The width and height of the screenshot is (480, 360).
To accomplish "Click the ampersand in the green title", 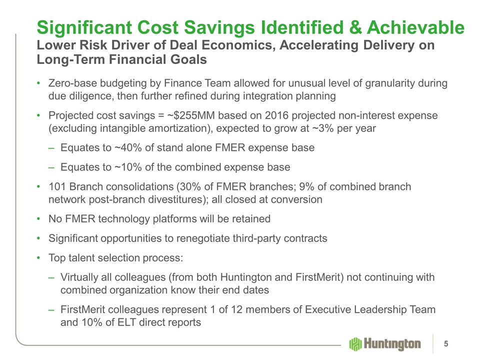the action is (x=355, y=27).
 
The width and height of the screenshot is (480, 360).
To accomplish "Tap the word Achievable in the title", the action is (x=415, y=27).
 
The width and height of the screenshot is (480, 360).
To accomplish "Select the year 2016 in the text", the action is (x=276, y=115).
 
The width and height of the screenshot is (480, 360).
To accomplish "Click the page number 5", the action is (x=446, y=344).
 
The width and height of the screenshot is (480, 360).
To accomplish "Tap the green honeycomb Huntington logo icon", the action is (x=355, y=344).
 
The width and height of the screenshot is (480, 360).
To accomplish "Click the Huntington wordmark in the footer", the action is (x=392, y=344).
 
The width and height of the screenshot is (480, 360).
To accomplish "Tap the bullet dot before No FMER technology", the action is (x=38, y=219).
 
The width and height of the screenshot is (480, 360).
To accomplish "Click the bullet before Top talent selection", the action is (x=38, y=258).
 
